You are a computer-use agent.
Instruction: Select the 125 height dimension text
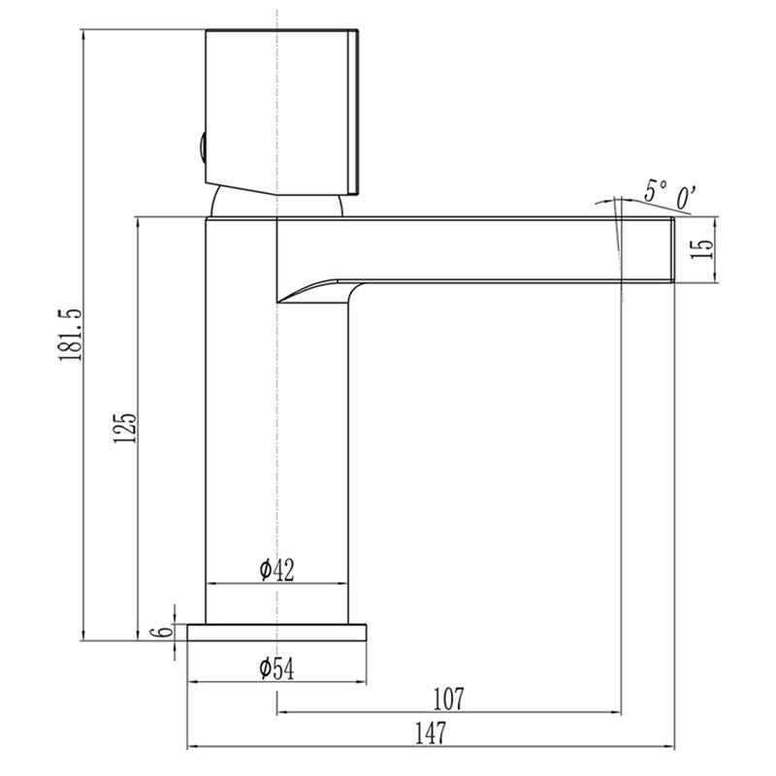[x=124, y=428]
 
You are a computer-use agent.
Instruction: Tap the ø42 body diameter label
[x=276, y=570]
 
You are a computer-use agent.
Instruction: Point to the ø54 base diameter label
[x=276, y=667]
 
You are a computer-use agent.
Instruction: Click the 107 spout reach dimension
[x=448, y=697]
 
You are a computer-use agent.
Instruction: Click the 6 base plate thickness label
[x=165, y=630]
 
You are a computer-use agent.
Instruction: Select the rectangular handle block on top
[x=281, y=107]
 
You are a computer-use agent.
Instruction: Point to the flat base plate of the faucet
[x=277, y=631]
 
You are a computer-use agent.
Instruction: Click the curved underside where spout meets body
[x=315, y=288]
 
